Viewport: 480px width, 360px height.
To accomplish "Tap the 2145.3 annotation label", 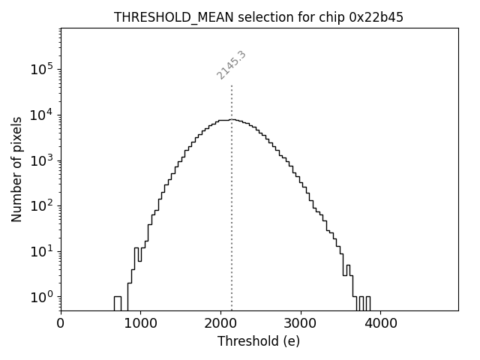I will click(x=232, y=65).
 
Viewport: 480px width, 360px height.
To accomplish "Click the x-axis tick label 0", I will click(x=61, y=324).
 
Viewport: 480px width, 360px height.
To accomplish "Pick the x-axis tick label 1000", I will click(x=140, y=324).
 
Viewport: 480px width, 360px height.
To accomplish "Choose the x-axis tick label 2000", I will click(x=220, y=324).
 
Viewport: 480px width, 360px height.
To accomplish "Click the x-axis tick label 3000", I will click(x=300, y=324).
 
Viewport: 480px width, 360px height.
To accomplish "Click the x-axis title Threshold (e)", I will click(x=259, y=341).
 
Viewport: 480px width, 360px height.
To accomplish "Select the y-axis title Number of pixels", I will click(x=16, y=169).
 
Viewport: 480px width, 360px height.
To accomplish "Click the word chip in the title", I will click(x=331, y=17).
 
